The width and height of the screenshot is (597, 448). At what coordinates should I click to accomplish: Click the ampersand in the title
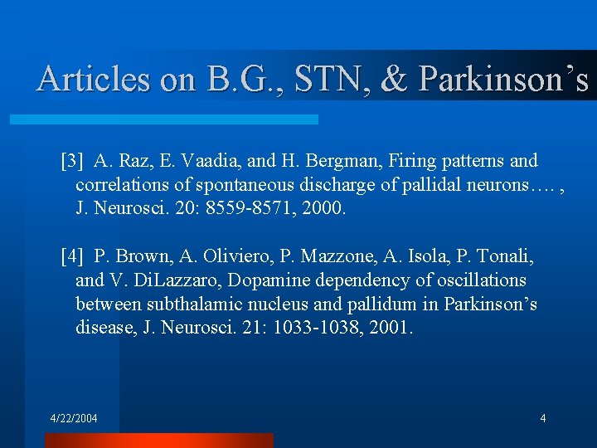393,79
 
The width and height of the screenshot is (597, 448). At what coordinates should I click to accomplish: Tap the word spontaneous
265,183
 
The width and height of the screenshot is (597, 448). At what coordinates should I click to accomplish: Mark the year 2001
389,328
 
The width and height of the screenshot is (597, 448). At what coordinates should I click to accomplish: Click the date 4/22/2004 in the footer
73,418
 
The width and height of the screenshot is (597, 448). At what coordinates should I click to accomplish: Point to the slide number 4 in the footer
542,418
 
